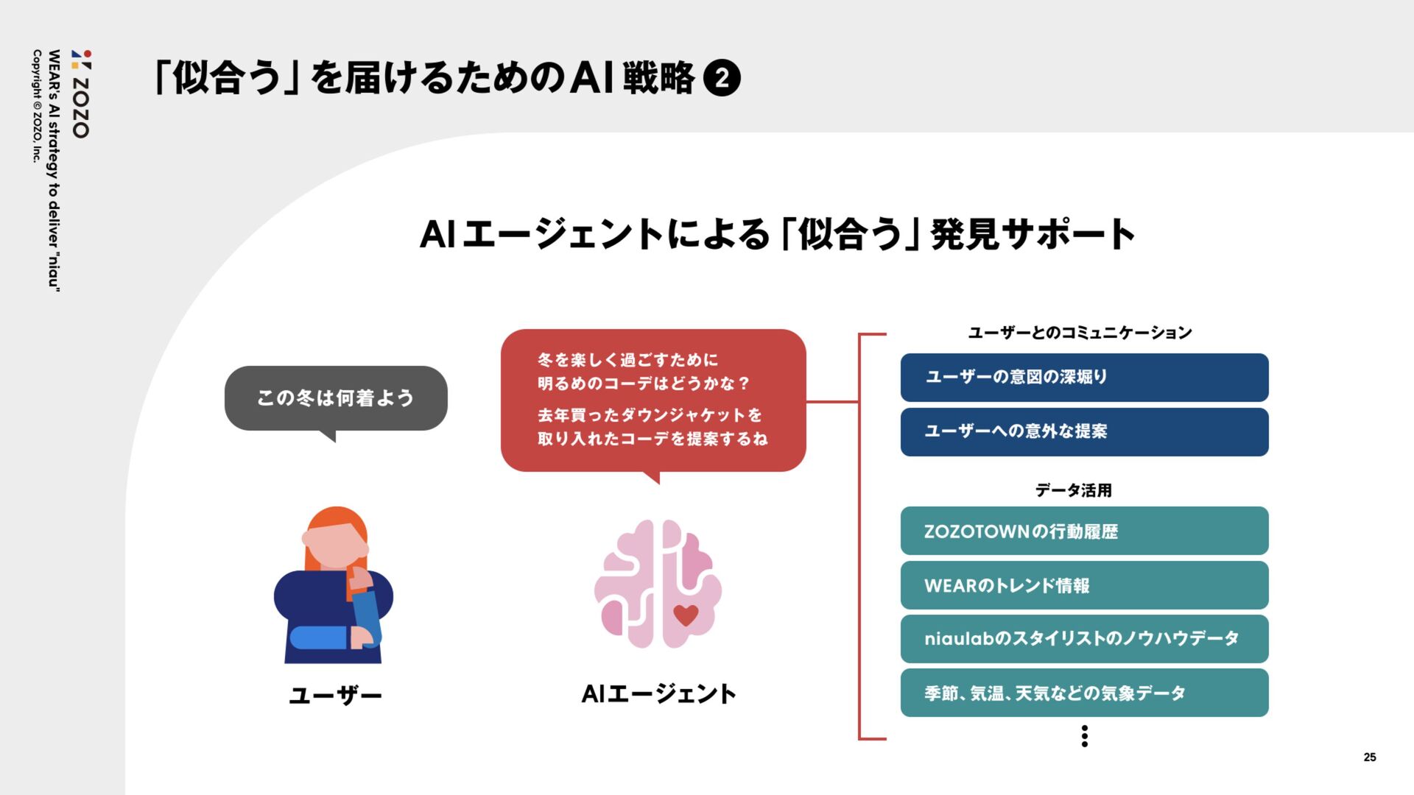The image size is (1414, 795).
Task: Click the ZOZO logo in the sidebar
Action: (81, 94)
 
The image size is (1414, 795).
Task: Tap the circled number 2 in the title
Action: (722, 78)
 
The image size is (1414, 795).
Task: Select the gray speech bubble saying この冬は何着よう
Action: (336, 398)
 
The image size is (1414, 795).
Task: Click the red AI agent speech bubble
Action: (653, 400)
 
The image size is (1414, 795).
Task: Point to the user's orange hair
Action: (335, 519)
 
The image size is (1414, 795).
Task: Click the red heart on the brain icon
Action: (686, 615)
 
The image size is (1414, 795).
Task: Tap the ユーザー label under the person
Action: (335, 696)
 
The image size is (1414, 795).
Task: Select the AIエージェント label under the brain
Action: (658, 693)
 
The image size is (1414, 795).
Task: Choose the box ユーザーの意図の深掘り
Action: (1084, 378)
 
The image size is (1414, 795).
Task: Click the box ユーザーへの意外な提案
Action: (1084, 432)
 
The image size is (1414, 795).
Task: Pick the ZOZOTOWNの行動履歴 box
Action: (1084, 531)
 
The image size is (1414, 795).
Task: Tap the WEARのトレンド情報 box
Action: (1084, 585)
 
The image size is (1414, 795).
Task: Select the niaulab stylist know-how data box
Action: (1084, 639)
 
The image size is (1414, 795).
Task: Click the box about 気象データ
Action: (1084, 693)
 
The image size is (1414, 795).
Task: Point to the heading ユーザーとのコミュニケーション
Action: (1080, 333)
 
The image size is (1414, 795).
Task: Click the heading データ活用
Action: (1073, 490)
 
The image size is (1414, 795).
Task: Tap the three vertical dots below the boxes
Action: (1084, 736)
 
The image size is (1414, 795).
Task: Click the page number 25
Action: (1369, 757)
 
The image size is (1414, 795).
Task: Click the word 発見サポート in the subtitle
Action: (1033, 235)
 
